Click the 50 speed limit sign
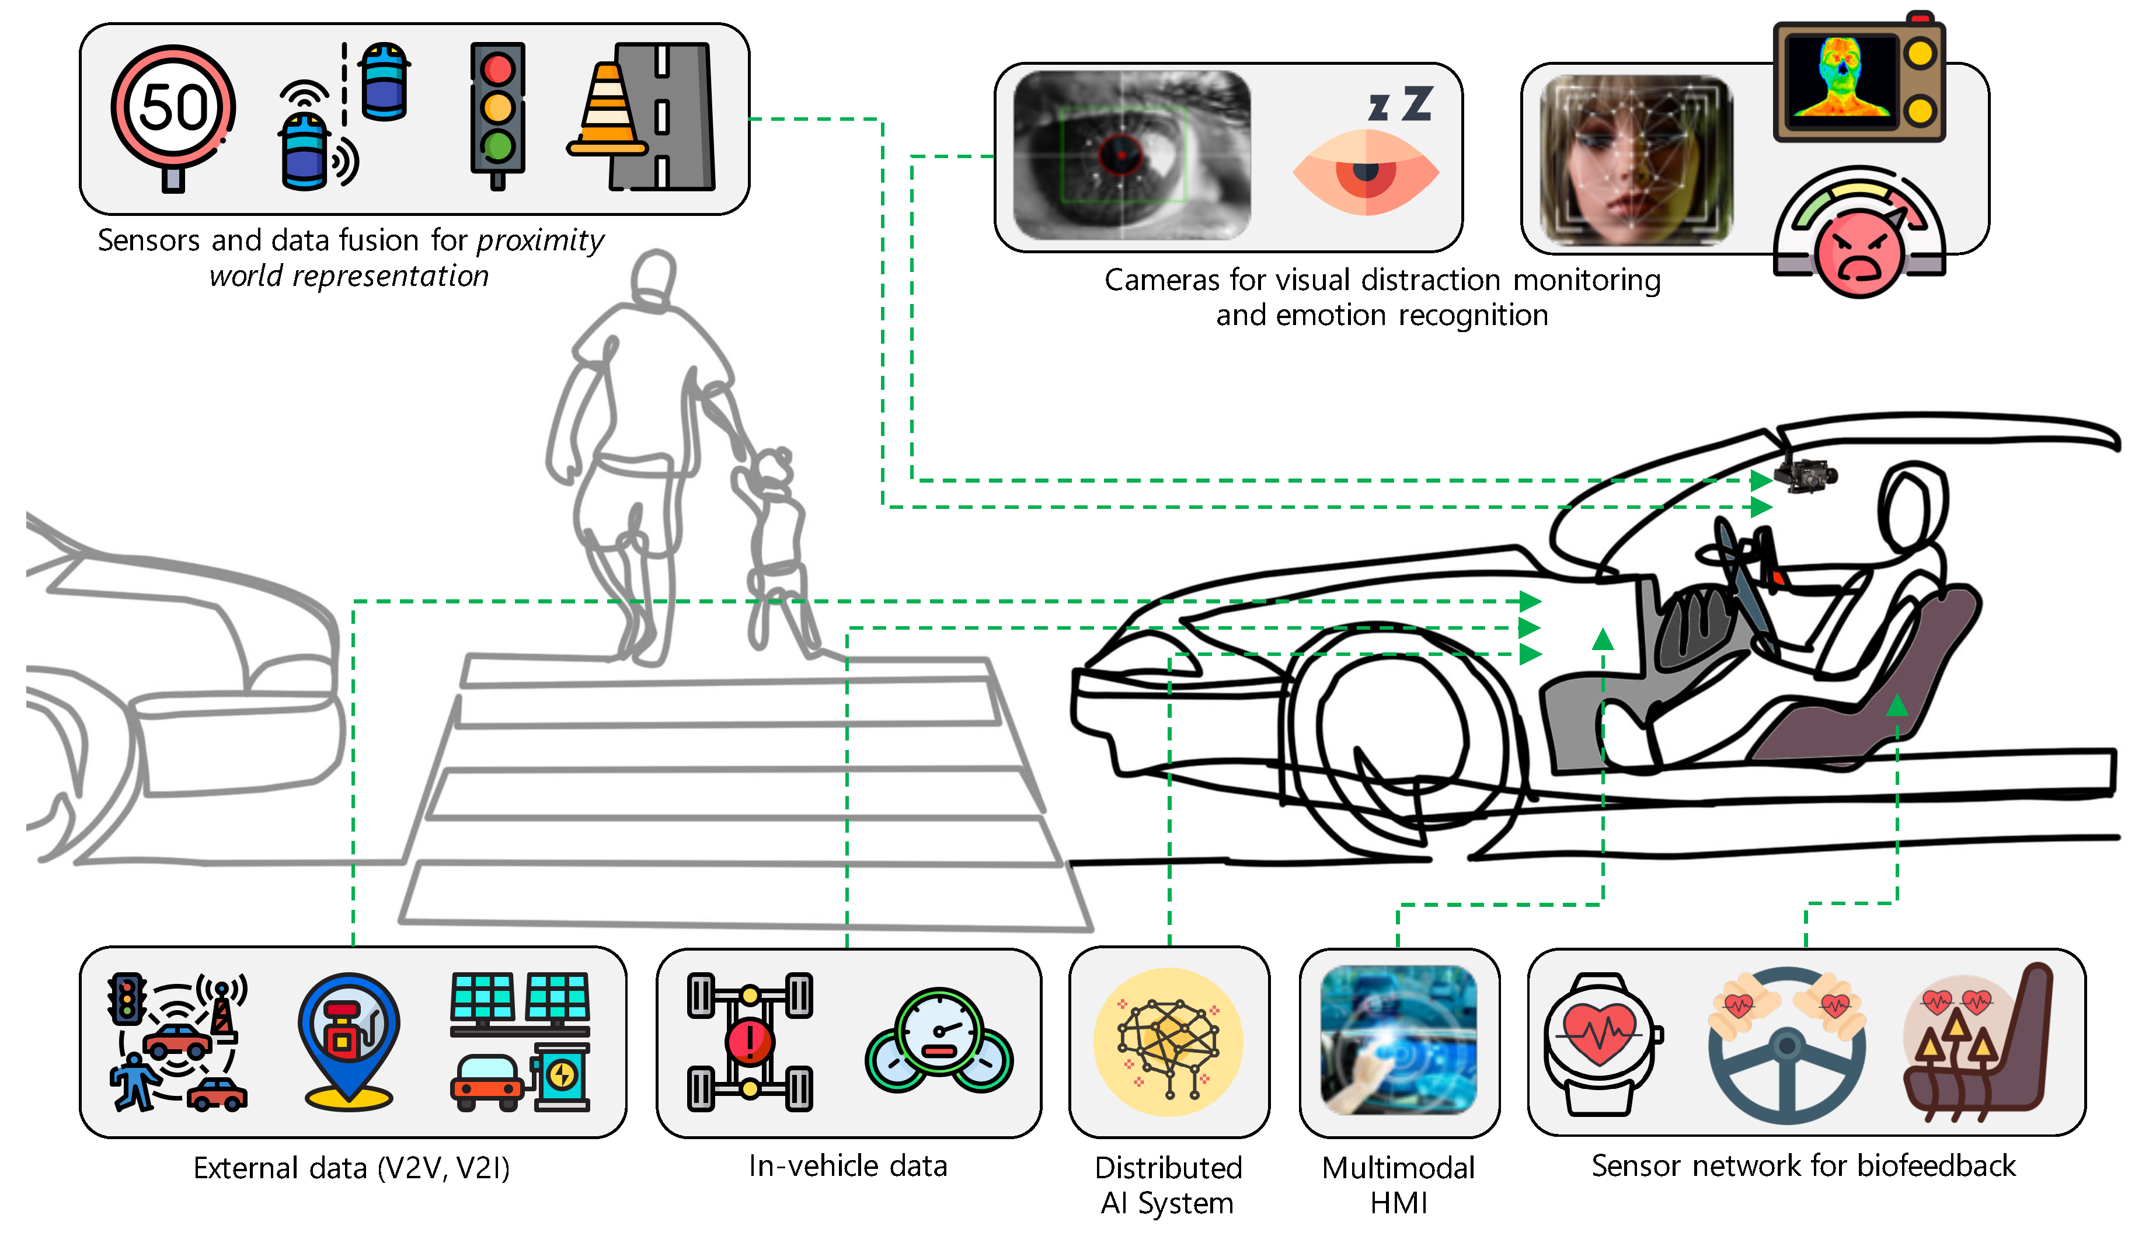tap(173, 110)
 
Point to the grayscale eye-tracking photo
tap(1131, 155)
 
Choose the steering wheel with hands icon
tap(1786, 1042)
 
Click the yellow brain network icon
tap(1168, 1042)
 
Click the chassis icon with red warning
tap(750, 1042)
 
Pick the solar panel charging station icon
tap(520, 1042)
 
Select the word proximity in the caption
tap(540, 241)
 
